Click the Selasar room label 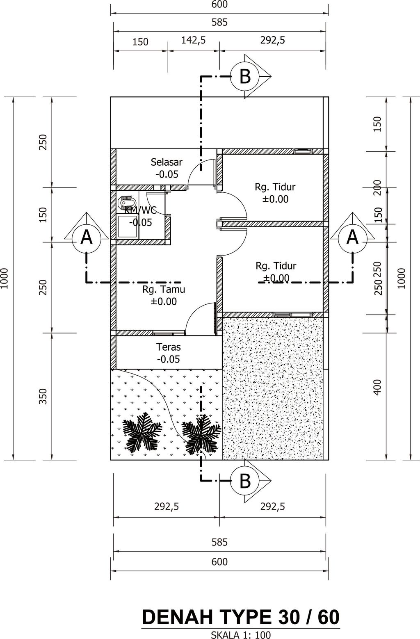click(167, 162)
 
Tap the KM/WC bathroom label click(140, 210)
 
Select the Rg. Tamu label click(164, 289)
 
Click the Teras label click(168, 347)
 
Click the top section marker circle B click(245, 76)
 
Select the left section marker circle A click(87, 237)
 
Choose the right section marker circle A click(352, 237)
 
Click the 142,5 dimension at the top click(194, 40)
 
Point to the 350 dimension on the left click(43, 396)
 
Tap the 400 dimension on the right click(377, 387)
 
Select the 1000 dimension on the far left click(4, 278)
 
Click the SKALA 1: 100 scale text click(241, 635)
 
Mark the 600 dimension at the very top click(220, 4)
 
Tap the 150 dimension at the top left click(140, 42)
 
